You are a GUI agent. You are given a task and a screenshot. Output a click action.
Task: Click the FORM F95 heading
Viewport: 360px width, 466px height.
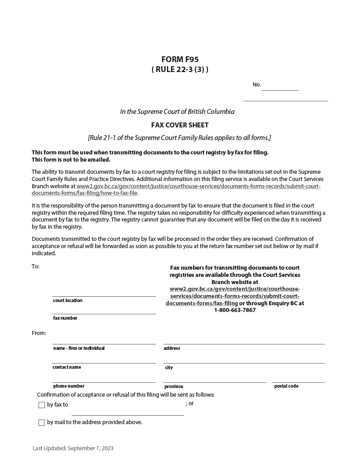[180, 59]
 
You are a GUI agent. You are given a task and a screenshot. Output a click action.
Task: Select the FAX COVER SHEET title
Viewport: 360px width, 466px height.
[180, 125]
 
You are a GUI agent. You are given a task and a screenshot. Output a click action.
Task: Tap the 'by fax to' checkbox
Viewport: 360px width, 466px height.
[42, 405]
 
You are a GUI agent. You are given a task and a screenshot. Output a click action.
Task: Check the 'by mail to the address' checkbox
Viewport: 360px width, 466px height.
[42, 423]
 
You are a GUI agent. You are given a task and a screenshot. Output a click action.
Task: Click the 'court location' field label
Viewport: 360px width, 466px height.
[67, 301]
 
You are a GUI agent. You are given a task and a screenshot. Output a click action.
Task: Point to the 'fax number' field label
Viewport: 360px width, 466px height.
[65, 318]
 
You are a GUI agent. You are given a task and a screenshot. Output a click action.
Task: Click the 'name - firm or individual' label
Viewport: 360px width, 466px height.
[79, 348]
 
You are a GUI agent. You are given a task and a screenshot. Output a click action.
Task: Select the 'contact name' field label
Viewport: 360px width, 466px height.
[67, 367]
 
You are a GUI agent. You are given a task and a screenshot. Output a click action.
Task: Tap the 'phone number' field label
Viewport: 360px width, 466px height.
[68, 386]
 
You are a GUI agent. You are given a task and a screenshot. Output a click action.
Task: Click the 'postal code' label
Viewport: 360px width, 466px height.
[286, 386]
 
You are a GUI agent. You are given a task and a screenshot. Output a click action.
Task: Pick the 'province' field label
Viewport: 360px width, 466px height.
[174, 387]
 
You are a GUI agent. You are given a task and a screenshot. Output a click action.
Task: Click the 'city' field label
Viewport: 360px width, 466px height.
[169, 368]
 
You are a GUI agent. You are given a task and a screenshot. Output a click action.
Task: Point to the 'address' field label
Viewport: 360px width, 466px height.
[171, 348]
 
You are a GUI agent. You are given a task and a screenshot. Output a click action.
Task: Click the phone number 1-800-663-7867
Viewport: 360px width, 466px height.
[234, 310]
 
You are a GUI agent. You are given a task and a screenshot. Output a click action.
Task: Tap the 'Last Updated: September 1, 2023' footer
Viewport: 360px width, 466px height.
[73, 448]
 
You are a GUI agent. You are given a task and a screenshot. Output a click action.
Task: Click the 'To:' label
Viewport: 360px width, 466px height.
[36, 267]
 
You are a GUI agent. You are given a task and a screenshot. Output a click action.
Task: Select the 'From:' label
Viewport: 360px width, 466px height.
[39, 333]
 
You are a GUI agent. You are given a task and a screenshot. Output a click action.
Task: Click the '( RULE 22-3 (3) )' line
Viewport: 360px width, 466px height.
[180, 70]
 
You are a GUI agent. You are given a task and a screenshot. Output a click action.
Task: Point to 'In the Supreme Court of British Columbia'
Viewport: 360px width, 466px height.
[177, 112]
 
